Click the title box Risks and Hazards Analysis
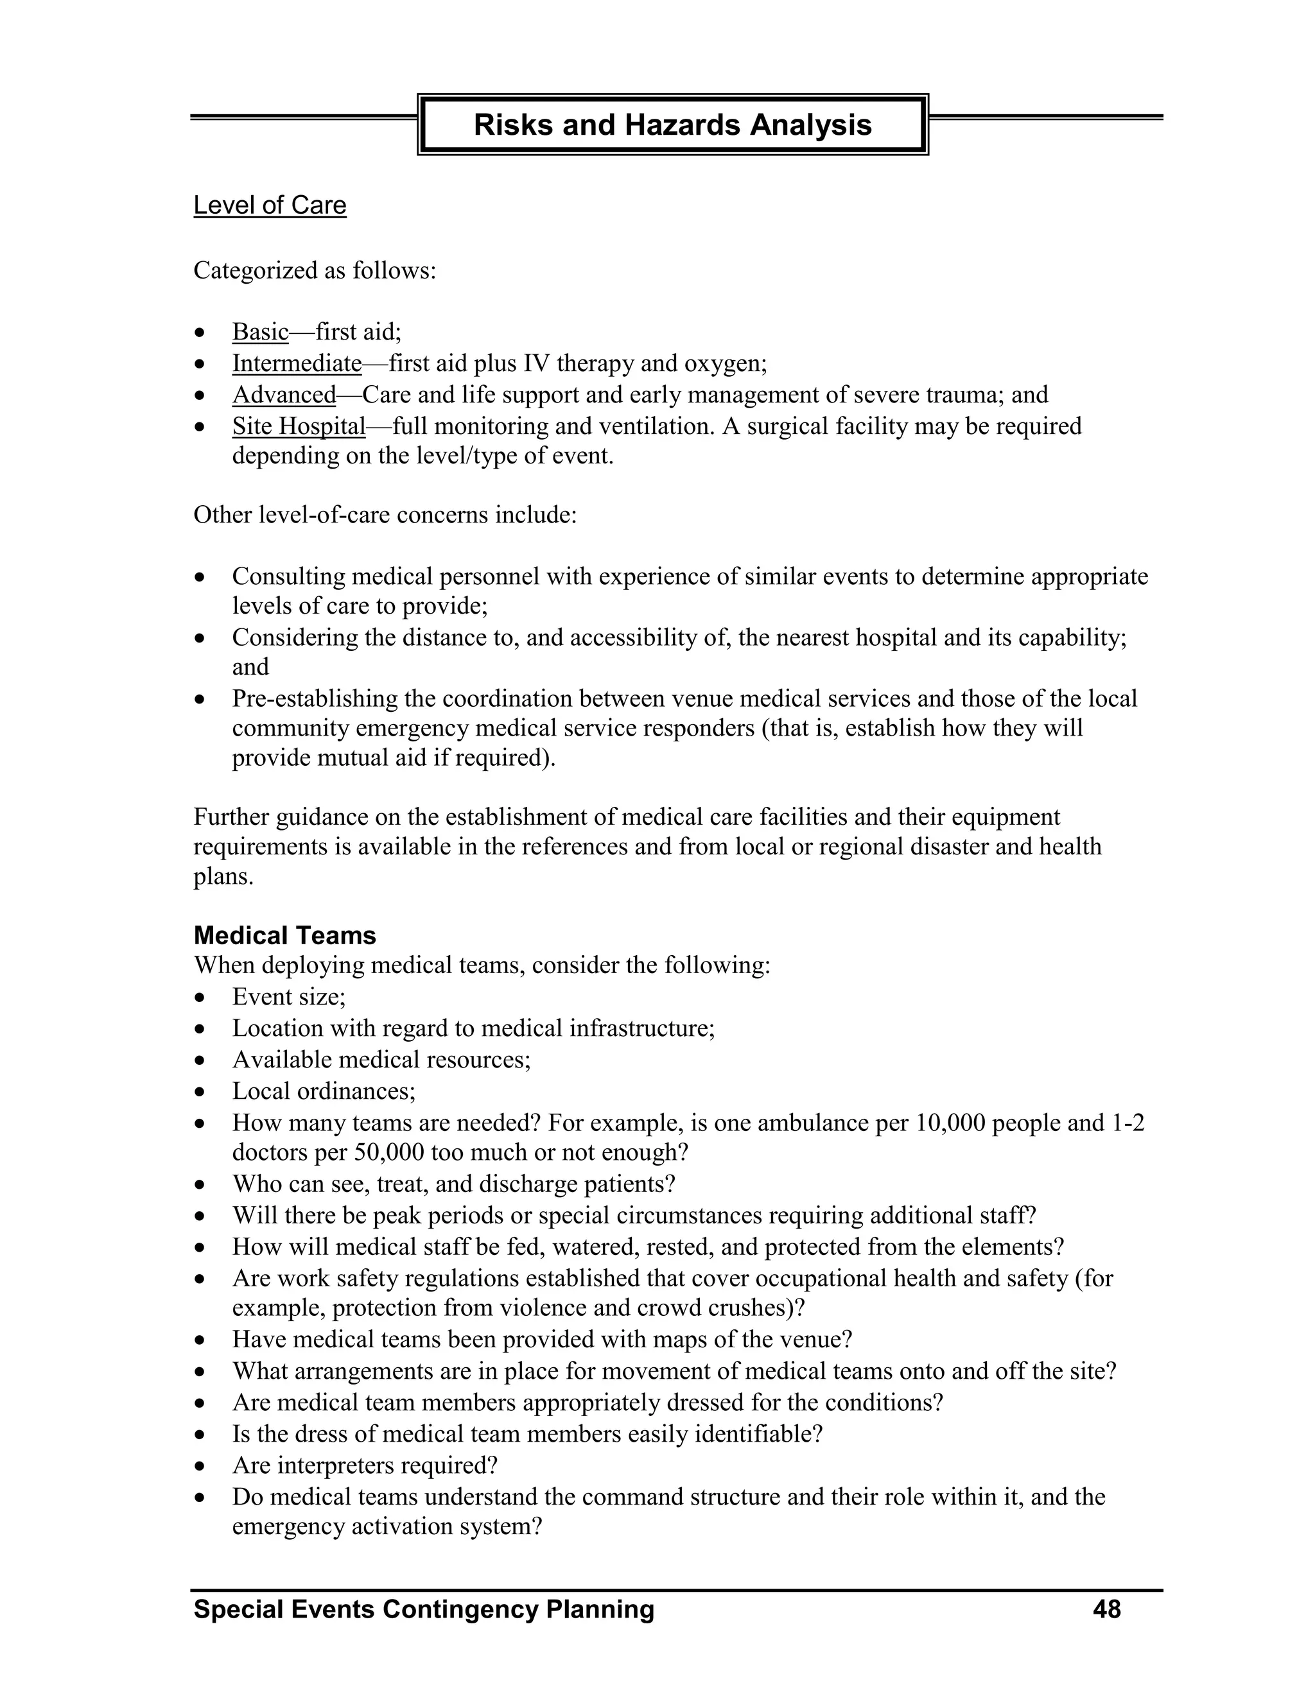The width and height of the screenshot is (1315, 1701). pyautogui.click(x=672, y=125)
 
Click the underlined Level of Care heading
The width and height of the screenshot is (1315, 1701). pyautogui.click(x=270, y=205)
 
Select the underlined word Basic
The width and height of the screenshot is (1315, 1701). pyautogui.click(x=260, y=332)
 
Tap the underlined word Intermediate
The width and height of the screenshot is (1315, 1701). pyautogui.click(x=297, y=364)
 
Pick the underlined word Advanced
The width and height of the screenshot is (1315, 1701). pyautogui.click(x=284, y=395)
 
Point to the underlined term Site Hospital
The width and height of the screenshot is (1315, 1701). pyautogui.click(x=299, y=426)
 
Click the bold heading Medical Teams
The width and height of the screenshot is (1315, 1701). pyautogui.click(x=284, y=935)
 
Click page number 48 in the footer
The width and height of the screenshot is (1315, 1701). pyautogui.click(x=1106, y=1609)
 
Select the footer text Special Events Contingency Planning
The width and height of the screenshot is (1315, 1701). pyautogui.click(x=424, y=1609)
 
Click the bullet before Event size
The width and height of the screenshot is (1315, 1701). pyautogui.click(x=201, y=997)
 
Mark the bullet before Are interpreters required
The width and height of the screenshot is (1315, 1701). pyautogui.click(x=201, y=1467)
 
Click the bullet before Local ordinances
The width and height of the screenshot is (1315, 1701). pyautogui.click(x=201, y=1092)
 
